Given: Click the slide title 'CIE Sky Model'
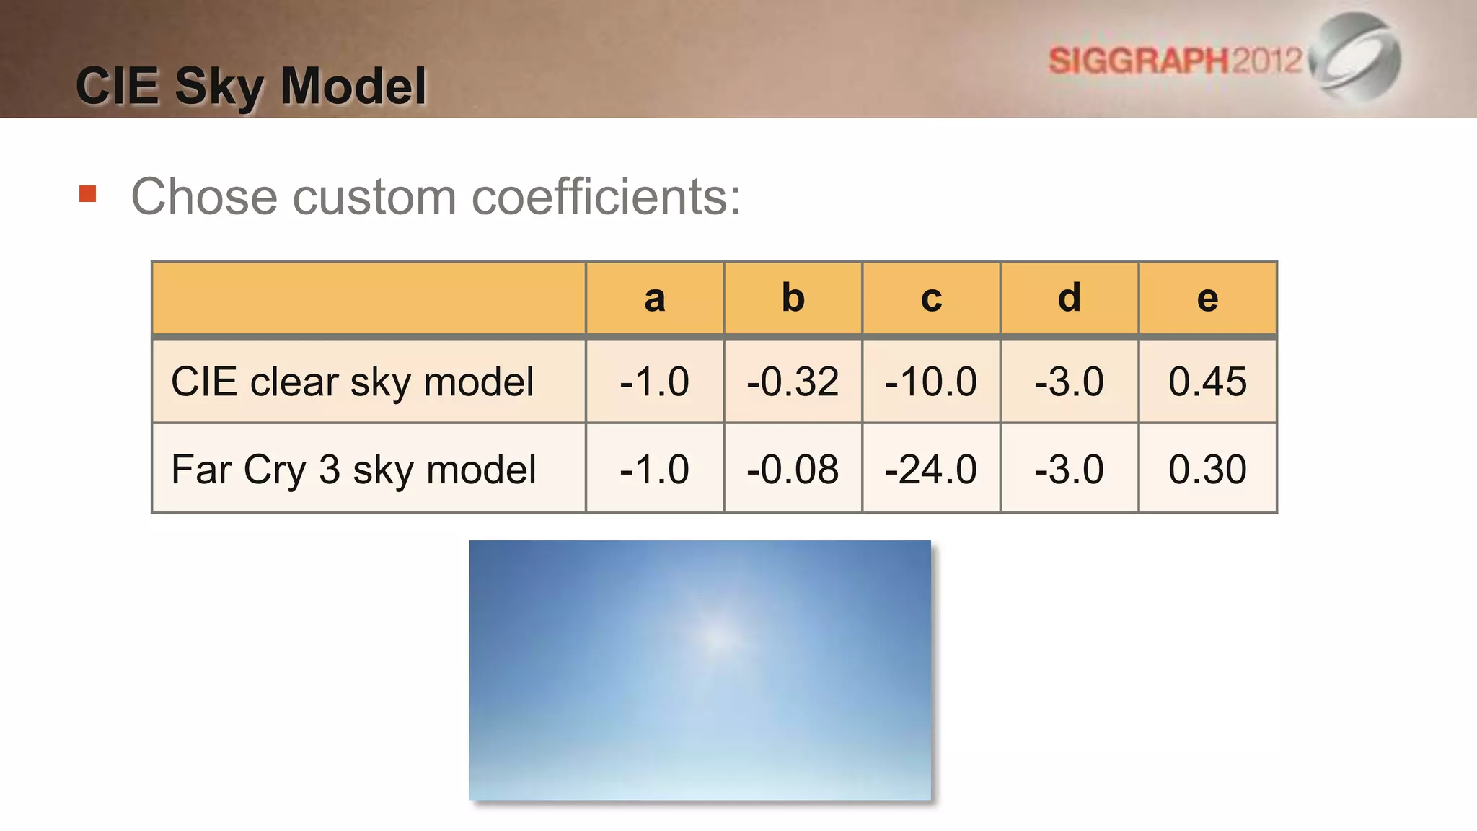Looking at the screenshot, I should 251,87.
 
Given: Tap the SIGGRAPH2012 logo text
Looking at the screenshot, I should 1175,61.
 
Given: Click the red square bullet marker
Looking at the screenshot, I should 88,194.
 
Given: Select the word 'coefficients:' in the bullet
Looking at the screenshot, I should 606,197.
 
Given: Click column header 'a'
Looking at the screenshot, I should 654,298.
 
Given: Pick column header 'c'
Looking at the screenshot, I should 931,298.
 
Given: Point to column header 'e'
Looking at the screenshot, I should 1207,298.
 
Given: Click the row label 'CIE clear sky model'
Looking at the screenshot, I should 352,382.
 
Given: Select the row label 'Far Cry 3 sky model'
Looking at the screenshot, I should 353,470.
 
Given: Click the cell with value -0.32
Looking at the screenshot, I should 793,382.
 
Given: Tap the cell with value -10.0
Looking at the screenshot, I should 931,382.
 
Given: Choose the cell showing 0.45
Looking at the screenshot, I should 1207,382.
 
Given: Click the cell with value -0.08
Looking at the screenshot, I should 793,470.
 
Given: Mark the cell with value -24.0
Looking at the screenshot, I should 931,470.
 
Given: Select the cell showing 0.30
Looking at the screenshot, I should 1207,470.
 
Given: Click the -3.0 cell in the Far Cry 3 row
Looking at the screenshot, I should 1069,470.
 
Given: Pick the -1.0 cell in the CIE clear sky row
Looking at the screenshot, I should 654,382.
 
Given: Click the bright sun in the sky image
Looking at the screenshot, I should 718,638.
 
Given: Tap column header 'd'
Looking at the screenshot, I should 1069,298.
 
